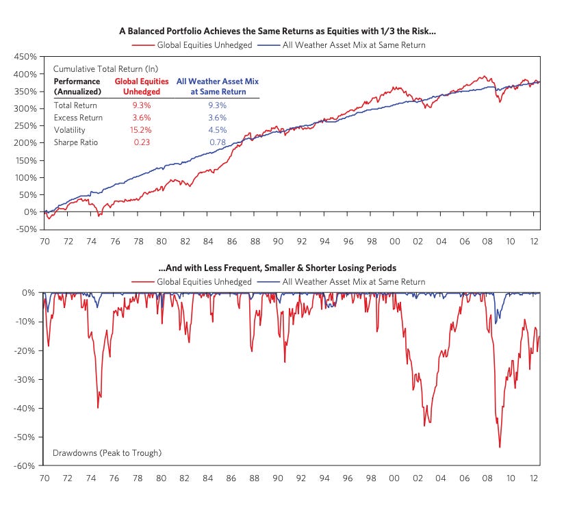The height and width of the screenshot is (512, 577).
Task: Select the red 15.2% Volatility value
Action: (x=142, y=130)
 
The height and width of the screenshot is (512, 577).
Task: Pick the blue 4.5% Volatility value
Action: (x=217, y=130)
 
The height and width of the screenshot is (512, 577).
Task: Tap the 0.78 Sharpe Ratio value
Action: (x=217, y=142)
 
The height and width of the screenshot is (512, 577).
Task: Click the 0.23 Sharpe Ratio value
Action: (x=142, y=142)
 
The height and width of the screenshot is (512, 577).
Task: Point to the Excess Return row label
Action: (x=78, y=118)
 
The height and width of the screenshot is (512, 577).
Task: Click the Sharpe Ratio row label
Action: (x=77, y=142)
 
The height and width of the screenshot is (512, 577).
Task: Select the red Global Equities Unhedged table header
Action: (x=142, y=86)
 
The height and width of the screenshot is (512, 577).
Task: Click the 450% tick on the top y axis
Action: (x=25, y=57)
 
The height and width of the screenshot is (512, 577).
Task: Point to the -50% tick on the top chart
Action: (x=25, y=229)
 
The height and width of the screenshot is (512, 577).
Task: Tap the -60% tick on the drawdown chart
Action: (x=25, y=466)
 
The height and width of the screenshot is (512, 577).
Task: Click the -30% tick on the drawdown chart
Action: (x=25, y=379)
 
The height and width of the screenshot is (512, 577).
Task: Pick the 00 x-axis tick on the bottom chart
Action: (x=394, y=478)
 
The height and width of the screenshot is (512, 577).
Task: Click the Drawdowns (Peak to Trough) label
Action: (x=107, y=453)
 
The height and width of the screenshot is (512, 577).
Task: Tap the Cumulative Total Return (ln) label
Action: (x=98, y=70)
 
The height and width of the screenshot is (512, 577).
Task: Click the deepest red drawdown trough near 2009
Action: (x=500, y=447)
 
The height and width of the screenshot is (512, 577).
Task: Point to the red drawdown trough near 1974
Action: (x=98, y=407)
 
